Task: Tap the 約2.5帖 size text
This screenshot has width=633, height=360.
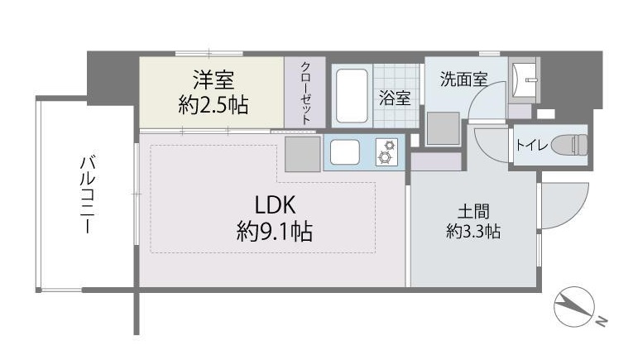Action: click(x=213, y=106)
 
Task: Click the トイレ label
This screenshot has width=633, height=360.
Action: click(x=530, y=146)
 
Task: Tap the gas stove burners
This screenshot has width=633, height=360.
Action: click(x=386, y=151)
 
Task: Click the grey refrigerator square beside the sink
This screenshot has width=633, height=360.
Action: click(x=302, y=153)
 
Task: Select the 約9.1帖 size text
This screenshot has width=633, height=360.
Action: click(x=274, y=232)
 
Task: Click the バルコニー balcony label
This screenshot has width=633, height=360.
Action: click(x=85, y=194)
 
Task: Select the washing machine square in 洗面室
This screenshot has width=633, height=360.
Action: click(x=444, y=127)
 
